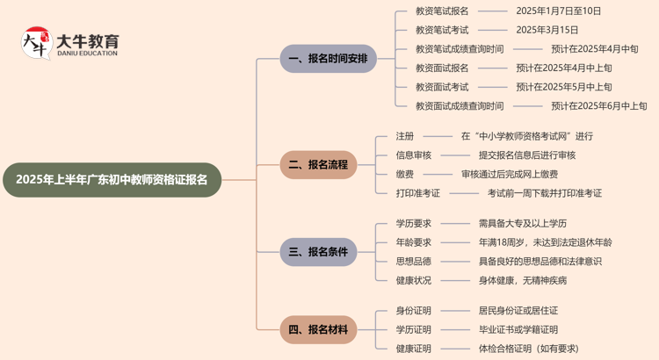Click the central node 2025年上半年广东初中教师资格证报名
112,180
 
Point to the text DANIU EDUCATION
86,54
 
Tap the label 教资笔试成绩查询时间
460,49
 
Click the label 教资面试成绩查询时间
460,106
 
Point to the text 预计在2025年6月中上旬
598,106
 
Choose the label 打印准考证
417,193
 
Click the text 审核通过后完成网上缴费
510,174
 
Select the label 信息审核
413,155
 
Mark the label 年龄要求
413,242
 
